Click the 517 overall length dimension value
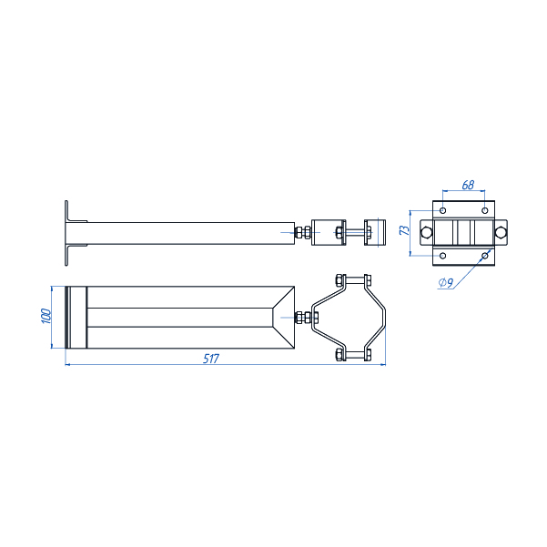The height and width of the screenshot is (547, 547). [x=211, y=359]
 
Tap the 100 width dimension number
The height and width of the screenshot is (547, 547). [x=46, y=316]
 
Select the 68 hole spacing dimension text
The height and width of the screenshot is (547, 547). [x=468, y=185]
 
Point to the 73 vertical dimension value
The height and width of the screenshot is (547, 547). [x=404, y=230]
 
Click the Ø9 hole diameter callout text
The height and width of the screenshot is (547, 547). [x=446, y=282]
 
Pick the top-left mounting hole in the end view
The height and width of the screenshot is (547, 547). [x=442, y=211]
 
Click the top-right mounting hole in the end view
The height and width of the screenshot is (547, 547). [x=484, y=211]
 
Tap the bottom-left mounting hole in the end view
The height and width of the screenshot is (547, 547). [x=442, y=256]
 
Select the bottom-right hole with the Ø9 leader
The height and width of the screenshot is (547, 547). [x=484, y=256]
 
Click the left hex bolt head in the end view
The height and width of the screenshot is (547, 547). [x=426, y=232]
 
